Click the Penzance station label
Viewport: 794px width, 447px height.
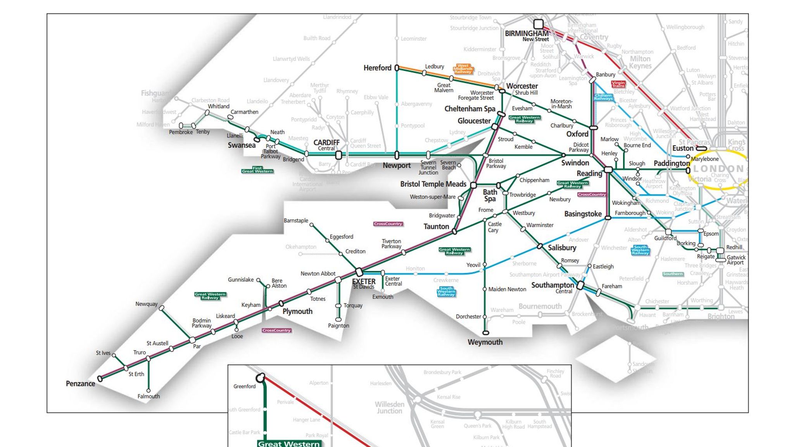point(80,383)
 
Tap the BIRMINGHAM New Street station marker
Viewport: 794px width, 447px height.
point(538,24)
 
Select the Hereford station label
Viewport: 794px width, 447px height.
point(377,68)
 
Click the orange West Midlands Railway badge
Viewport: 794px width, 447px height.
point(463,69)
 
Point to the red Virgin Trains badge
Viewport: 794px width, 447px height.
point(618,84)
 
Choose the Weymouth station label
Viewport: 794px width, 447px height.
point(485,342)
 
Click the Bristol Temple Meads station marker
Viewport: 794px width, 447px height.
point(473,185)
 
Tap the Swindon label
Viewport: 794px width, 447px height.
point(575,163)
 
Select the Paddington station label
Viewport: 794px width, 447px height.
point(671,163)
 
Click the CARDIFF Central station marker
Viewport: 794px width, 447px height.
point(338,155)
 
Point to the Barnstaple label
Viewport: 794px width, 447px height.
point(296,220)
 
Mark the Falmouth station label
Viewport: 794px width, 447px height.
point(148,396)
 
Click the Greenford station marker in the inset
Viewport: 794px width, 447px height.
point(261,378)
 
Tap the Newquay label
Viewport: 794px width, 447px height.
point(146,304)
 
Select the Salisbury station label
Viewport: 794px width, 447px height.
point(562,248)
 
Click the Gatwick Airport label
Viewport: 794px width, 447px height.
point(736,260)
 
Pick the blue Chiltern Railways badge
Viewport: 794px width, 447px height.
point(603,97)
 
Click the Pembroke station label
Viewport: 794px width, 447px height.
point(181,132)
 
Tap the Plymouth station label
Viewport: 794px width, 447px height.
point(297,311)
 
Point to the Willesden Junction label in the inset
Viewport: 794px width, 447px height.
point(389,407)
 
